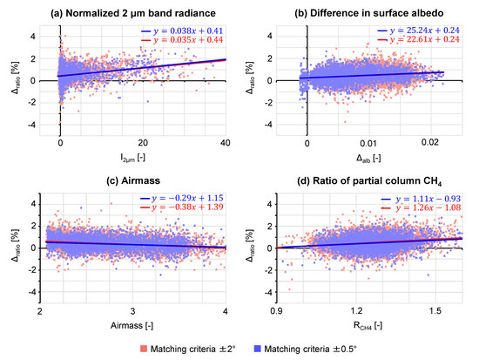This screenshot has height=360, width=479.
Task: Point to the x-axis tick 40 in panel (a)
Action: pos(226,144)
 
